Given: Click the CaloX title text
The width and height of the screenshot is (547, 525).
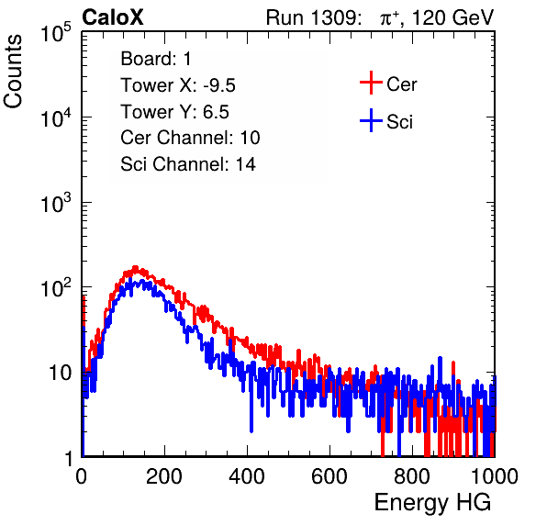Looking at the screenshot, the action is coord(113,17).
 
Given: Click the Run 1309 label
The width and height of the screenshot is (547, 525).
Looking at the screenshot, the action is coord(313,17).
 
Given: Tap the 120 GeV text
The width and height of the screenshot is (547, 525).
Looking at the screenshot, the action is coord(453,17).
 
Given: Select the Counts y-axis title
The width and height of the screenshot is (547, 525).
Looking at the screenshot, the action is coord(13,72).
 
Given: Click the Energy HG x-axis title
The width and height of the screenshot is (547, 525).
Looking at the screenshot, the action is coord(432,502).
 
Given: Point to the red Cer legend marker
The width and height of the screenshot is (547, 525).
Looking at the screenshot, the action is coord(371,83).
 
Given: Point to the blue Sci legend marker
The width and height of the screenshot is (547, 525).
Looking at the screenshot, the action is coord(371,121).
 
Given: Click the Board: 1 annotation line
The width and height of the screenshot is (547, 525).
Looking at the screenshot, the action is coord(156,59).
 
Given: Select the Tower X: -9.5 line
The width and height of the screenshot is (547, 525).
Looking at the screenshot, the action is coord(178,85).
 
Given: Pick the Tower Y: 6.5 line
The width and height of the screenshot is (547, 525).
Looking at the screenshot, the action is coord(174,112).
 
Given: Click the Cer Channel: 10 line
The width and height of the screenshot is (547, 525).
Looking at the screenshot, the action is coord(190,138).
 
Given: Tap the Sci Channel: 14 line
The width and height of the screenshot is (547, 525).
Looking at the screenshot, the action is coord(188,164).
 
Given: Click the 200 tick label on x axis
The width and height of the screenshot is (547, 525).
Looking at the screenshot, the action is coord(164,476).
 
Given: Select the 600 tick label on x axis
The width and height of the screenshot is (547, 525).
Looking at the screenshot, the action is coord(329,476).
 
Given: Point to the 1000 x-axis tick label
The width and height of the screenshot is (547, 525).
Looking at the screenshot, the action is coord(495,476).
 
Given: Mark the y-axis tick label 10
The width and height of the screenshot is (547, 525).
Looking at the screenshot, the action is coord(60,374).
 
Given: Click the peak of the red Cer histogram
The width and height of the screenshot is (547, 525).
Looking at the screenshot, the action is coord(135,267).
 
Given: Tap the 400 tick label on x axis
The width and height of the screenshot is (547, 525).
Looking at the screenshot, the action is coord(247,476).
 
